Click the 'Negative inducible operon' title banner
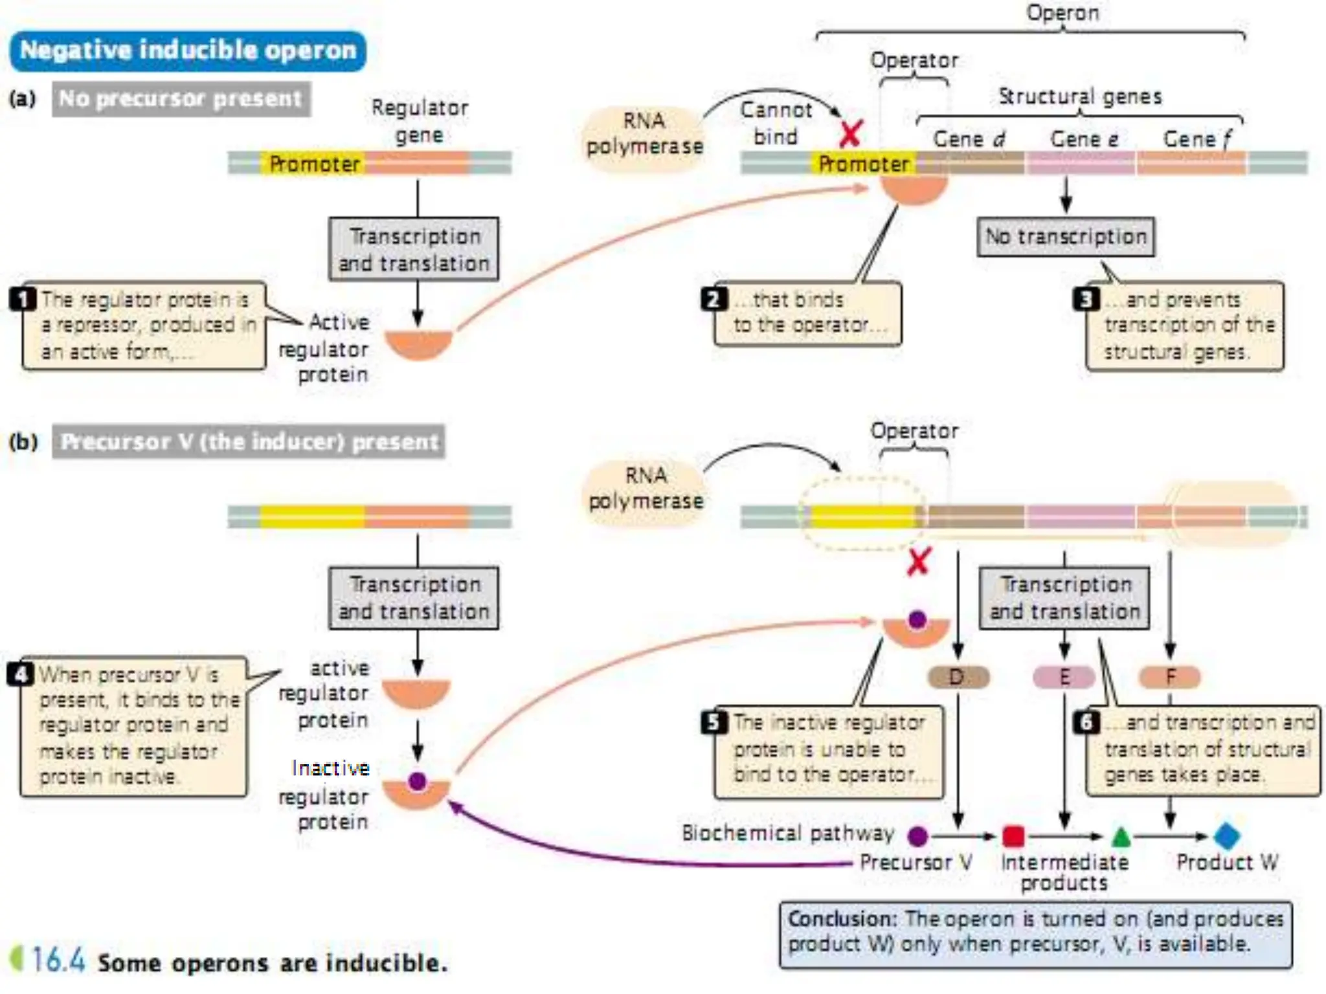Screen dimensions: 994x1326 188,50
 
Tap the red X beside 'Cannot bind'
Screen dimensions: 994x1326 850,134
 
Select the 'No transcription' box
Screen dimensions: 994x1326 1065,237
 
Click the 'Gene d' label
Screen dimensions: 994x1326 969,139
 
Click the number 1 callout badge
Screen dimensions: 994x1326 23,299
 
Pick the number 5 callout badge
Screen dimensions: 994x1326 714,722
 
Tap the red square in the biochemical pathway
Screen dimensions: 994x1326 1013,836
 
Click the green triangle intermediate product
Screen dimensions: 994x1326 1121,837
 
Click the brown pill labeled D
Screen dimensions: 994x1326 958,678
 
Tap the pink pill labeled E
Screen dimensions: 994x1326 1064,678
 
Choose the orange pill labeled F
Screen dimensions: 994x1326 1169,678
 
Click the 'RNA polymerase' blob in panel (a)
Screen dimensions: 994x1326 644,135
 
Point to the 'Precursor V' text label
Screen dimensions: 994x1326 916,863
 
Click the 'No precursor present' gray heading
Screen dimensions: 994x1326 181,99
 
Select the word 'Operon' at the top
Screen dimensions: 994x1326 1062,13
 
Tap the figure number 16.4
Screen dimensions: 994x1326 58,960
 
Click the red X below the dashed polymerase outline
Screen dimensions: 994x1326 919,562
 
